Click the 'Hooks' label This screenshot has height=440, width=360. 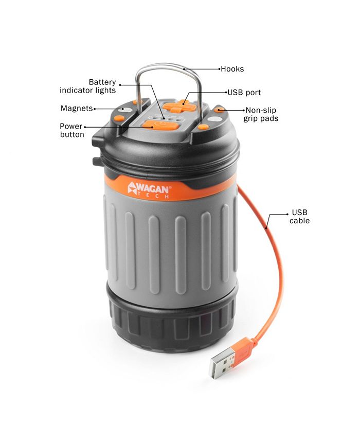232,69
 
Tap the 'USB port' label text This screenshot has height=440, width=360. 244,92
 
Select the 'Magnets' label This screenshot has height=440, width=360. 77,108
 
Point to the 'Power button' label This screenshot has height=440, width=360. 72,130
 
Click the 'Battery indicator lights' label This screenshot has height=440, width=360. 88,86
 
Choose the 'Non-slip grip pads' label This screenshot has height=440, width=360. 261,114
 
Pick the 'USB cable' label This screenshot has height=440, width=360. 299,216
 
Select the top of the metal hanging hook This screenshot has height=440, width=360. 168,64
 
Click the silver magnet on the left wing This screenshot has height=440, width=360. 127,110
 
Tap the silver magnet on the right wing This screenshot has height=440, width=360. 215,119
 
